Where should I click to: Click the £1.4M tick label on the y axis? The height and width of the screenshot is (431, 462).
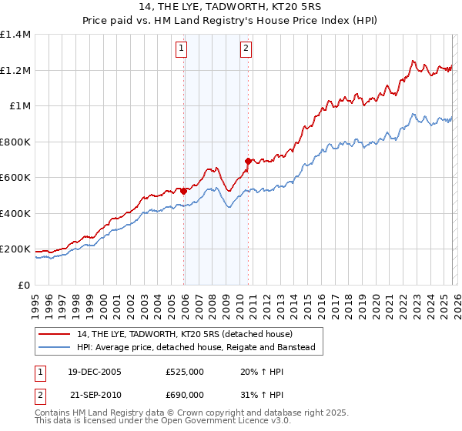click(15, 35)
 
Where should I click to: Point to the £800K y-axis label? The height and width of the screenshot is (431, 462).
click(15, 142)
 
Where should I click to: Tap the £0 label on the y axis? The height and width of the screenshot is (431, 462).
click(23, 285)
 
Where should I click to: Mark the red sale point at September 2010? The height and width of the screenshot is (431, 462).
click(248, 161)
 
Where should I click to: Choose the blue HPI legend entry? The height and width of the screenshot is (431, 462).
click(196, 349)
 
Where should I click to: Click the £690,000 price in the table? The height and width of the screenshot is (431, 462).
click(184, 394)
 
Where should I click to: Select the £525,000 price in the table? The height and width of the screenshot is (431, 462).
click(184, 371)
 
